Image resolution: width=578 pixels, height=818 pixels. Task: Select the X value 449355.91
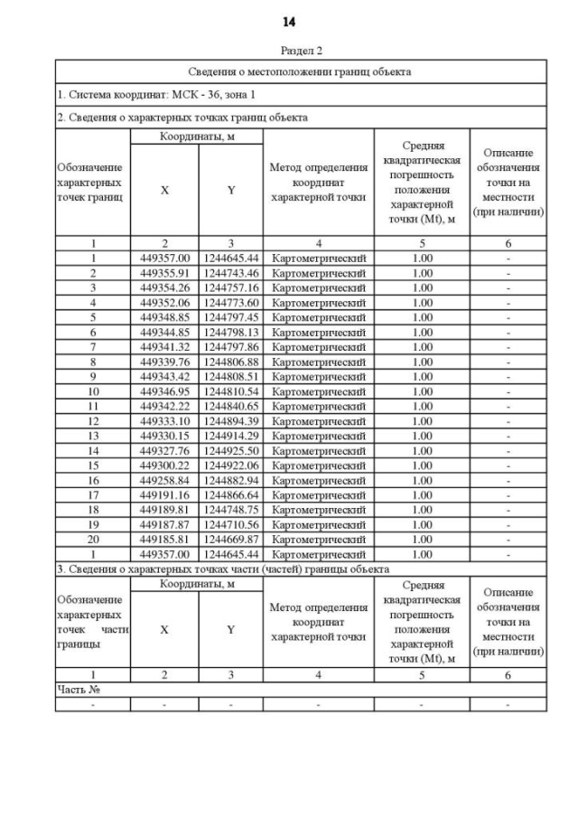point(164,273)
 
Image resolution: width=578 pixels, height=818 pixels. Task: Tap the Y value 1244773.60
point(231,302)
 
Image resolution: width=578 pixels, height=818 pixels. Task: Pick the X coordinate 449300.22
point(164,465)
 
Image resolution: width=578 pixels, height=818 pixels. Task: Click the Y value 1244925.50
point(231,450)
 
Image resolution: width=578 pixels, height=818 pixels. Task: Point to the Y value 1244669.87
point(231,539)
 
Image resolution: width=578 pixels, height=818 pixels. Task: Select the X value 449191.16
point(164,494)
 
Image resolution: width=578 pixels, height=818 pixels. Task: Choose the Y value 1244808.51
point(231,376)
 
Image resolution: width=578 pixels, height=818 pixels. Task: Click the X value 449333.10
point(164,420)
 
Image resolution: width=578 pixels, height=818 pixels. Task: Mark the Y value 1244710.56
point(231,524)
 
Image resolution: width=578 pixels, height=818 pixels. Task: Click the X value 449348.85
point(164,317)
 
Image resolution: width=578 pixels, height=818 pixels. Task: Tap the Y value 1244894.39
point(231,420)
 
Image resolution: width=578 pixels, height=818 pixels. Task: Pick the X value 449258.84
point(164,480)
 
